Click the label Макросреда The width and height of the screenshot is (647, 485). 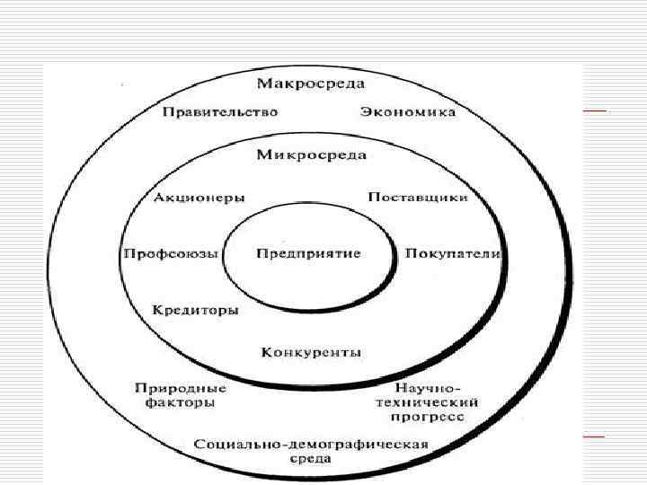(311, 84)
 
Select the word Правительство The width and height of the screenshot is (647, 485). (220, 112)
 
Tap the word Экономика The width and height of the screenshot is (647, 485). (408, 112)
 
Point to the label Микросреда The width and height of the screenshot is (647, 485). (311, 154)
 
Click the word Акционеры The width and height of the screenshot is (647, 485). (199, 198)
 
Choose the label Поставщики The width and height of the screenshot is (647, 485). (418, 198)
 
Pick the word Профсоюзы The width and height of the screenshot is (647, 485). (170, 254)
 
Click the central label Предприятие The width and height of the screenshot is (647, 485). (308, 253)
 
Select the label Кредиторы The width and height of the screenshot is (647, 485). (195, 311)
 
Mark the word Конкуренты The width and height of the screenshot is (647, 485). (311, 352)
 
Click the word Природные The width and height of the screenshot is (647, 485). (180, 389)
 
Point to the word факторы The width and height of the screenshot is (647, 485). (180, 403)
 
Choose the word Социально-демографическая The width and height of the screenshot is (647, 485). (311, 445)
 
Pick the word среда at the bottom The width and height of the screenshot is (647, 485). (311, 459)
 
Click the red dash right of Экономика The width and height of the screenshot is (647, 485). (594, 110)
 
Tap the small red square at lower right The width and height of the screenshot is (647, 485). (594, 435)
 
